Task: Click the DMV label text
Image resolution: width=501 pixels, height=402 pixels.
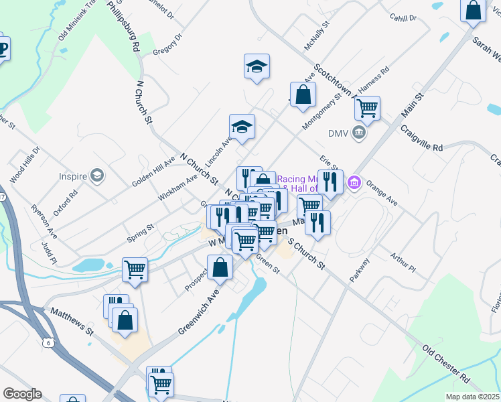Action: (x=338, y=133)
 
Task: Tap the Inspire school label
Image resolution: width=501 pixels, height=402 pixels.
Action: (x=74, y=176)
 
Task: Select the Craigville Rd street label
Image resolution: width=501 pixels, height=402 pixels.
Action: (x=422, y=137)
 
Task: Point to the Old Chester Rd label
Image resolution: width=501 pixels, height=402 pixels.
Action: (x=447, y=364)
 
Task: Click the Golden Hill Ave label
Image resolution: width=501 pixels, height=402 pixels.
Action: (x=153, y=172)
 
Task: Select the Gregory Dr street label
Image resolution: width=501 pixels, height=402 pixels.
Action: (x=167, y=45)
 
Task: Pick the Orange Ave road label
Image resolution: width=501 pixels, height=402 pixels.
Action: (x=382, y=191)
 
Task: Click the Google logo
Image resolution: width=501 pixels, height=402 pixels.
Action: (x=22, y=394)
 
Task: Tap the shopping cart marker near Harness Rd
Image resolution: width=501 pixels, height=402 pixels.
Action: (x=367, y=107)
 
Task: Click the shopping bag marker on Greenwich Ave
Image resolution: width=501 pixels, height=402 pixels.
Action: (x=220, y=267)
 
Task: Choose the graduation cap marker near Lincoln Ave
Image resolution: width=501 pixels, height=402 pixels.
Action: (x=242, y=125)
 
